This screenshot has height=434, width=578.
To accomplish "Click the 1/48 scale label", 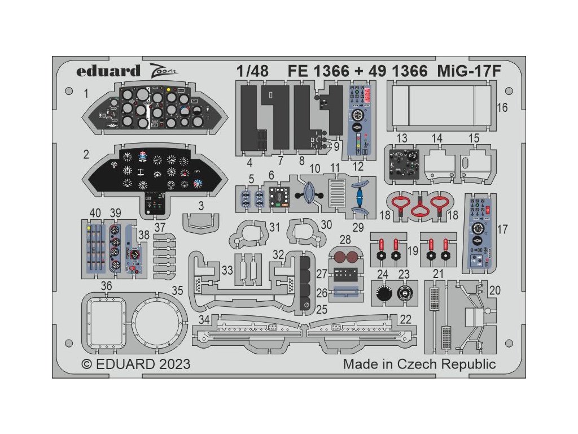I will [x=252, y=72].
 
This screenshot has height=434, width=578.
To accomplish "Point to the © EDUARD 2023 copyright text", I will [x=136, y=363].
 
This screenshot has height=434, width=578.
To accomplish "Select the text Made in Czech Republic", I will [x=419, y=363].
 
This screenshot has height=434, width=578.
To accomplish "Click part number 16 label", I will [x=502, y=107].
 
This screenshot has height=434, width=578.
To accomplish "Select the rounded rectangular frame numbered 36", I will [x=106, y=320].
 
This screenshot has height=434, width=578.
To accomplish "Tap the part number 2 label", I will [x=86, y=154].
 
